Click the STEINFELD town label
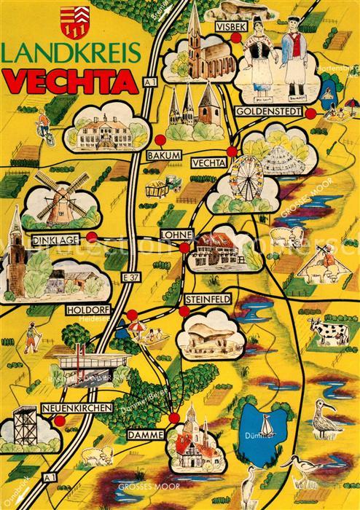(208, 298)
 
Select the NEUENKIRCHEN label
(77, 408)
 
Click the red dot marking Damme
(173, 417)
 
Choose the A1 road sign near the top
(150, 84)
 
